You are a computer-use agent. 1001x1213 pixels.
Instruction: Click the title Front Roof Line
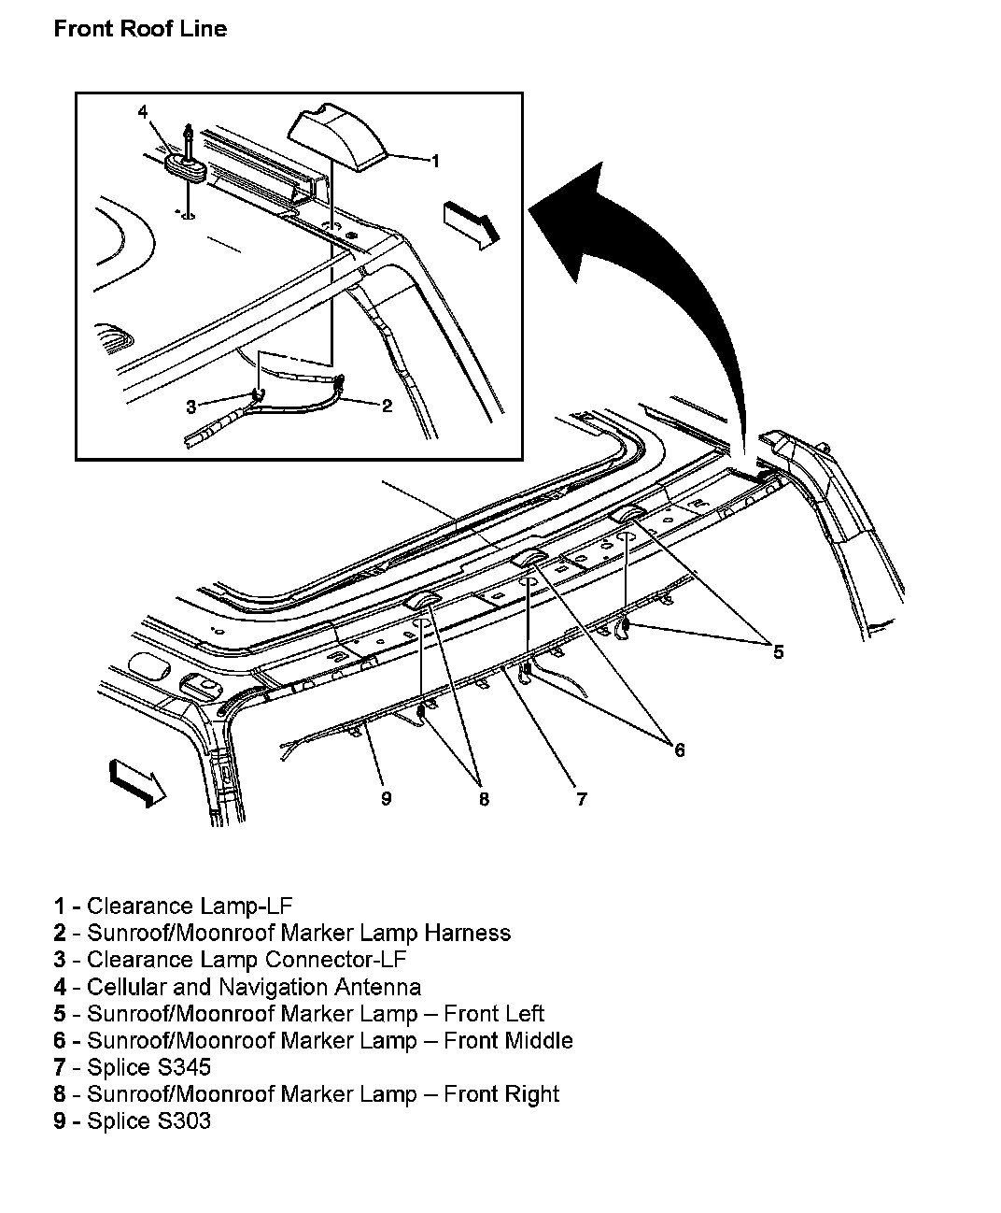tap(140, 29)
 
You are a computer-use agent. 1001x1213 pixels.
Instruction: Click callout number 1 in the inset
tap(434, 161)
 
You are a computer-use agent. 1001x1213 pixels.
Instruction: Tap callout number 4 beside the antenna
tap(143, 112)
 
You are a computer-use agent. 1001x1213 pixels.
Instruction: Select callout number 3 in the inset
tap(191, 407)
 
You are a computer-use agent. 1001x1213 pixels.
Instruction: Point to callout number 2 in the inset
tap(387, 405)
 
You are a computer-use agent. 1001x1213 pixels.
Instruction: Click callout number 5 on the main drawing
tap(778, 651)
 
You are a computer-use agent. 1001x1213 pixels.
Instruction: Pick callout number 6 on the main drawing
tap(679, 749)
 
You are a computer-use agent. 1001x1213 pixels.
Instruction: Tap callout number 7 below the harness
tap(581, 798)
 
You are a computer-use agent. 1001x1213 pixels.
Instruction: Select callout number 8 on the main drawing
tap(484, 799)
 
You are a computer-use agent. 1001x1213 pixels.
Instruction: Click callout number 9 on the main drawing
tap(386, 798)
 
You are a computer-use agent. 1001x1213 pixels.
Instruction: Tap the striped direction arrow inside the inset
tap(472, 224)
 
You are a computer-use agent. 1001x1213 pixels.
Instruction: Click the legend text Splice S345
tap(148, 1067)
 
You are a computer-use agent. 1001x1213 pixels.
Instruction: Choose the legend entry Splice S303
tap(148, 1120)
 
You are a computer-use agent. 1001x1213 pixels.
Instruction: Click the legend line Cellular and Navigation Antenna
tap(253, 987)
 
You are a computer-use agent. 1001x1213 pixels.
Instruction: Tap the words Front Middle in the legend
tap(508, 1040)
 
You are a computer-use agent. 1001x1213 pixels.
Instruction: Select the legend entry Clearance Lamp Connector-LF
tap(247, 960)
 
